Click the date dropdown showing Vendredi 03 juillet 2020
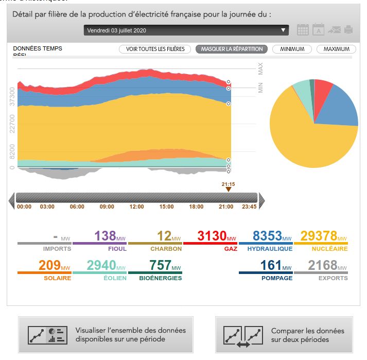[186, 30]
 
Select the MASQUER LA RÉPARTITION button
[232, 49]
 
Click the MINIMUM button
[292, 49]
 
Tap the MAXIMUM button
[336, 49]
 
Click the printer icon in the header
[348, 30]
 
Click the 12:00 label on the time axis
[137, 207]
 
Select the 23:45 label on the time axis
[249, 207]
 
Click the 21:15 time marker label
[228, 184]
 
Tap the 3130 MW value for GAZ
[212, 236]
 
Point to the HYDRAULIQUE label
[269, 249]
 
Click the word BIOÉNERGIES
[160, 278]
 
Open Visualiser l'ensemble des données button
[106, 335]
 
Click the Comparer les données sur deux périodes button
[284, 335]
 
